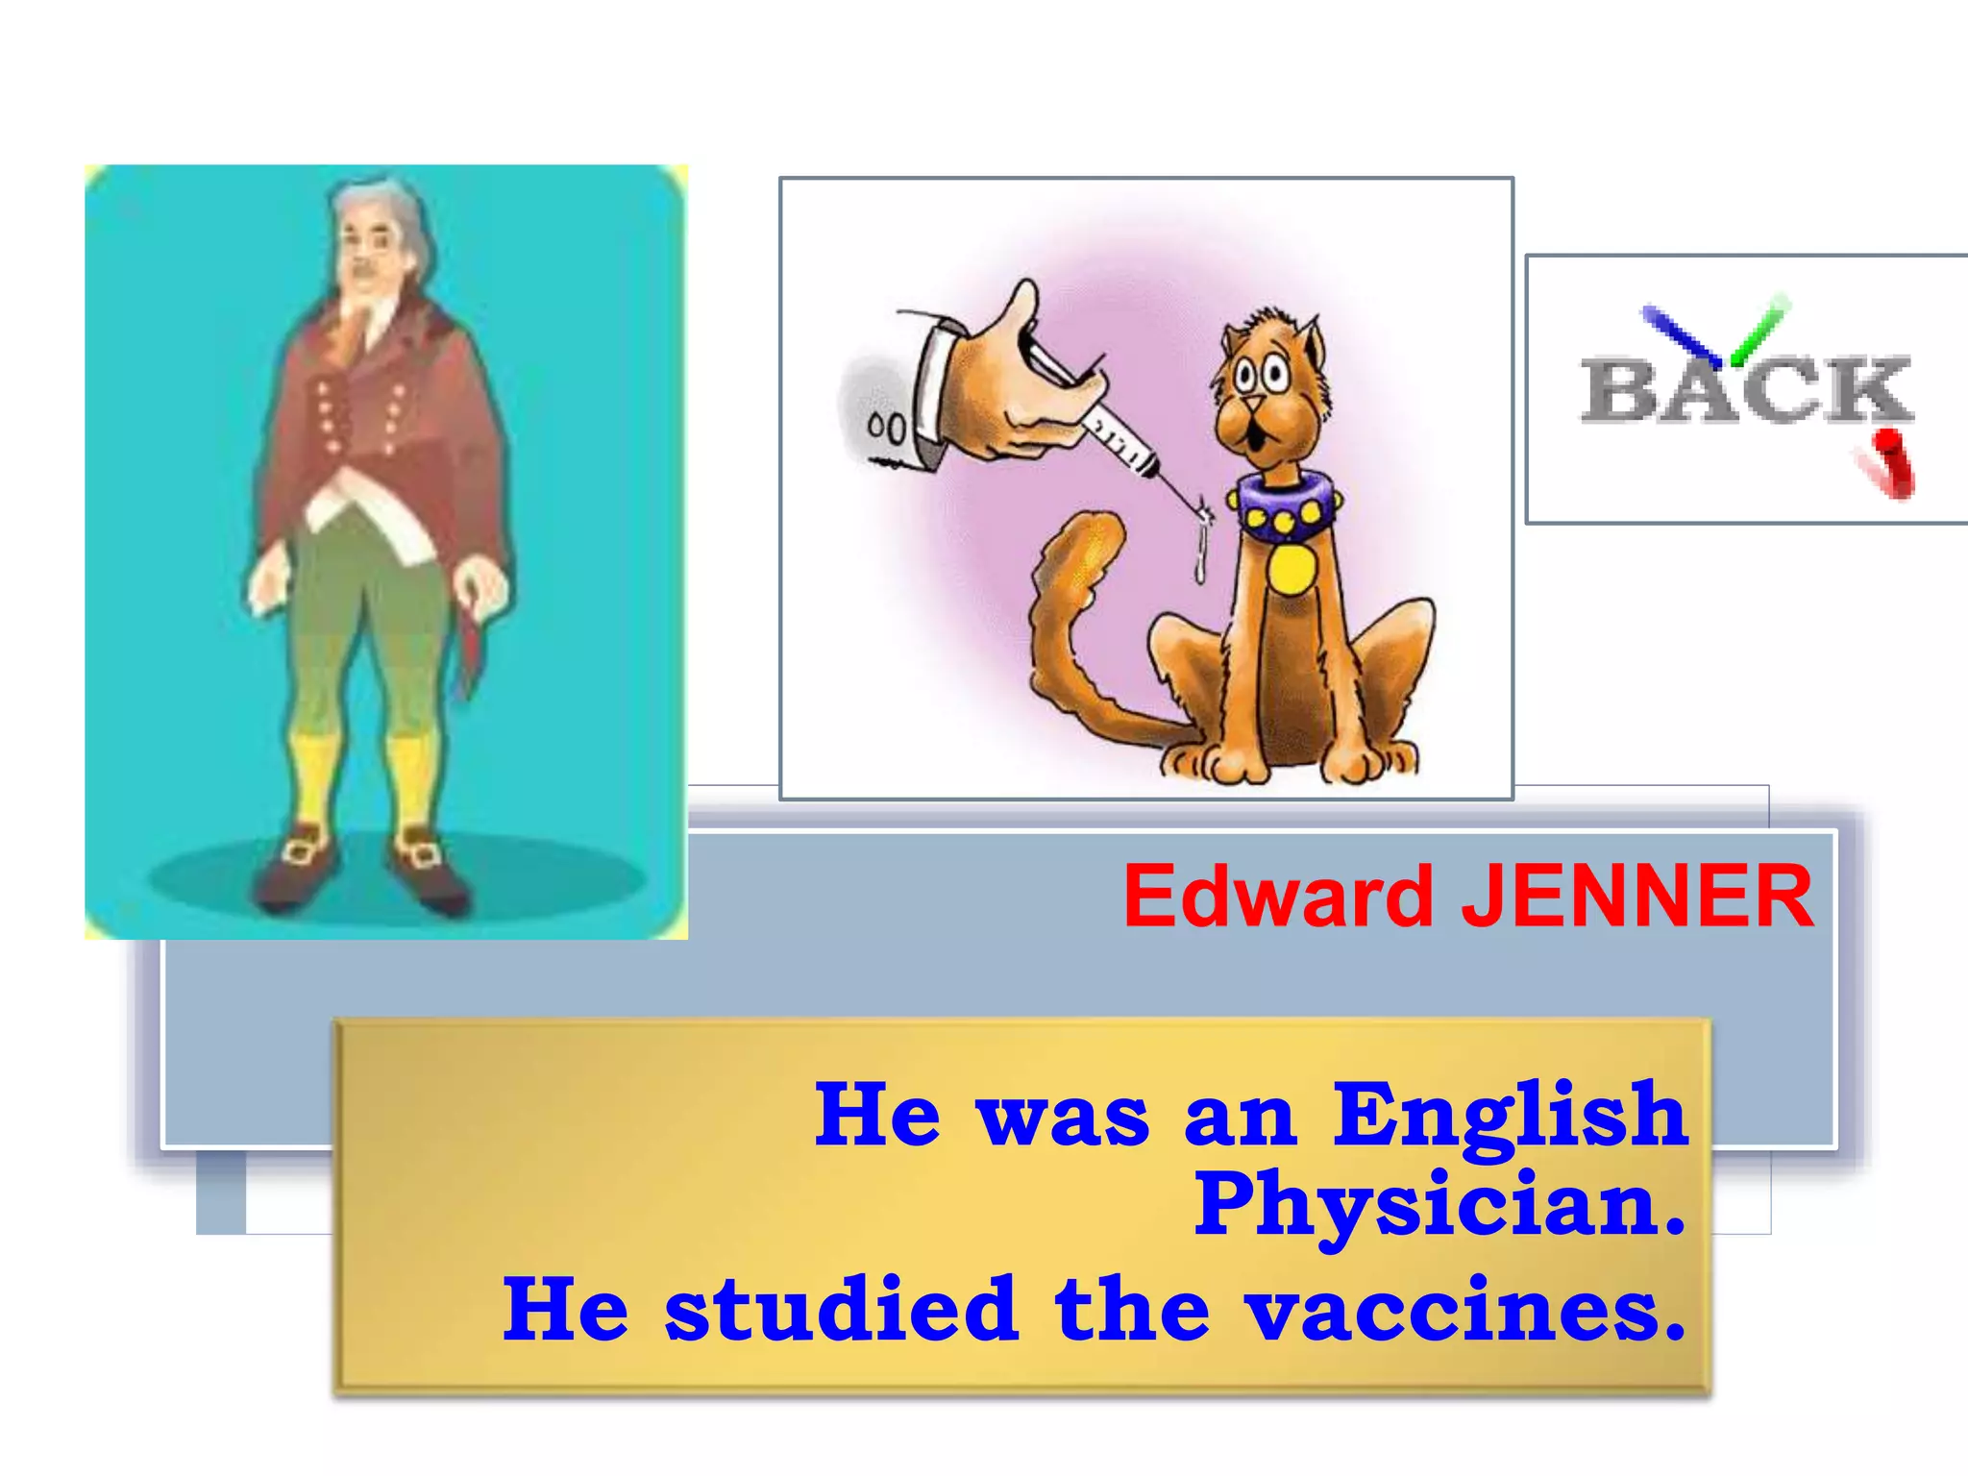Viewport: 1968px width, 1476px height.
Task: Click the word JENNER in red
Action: pyautogui.click(x=1636, y=897)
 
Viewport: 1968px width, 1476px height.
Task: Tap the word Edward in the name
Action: pyautogui.click(x=1278, y=897)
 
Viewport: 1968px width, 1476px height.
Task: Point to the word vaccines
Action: pyautogui.click(x=1451, y=1310)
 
